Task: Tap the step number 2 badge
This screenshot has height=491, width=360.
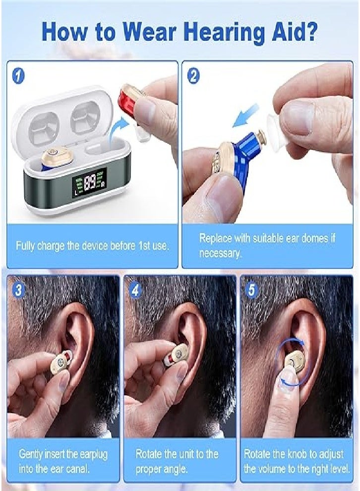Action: tap(194, 76)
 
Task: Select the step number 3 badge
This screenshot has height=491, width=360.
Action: tap(19, 290)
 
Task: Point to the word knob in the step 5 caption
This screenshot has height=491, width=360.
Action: tap(297, 454)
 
